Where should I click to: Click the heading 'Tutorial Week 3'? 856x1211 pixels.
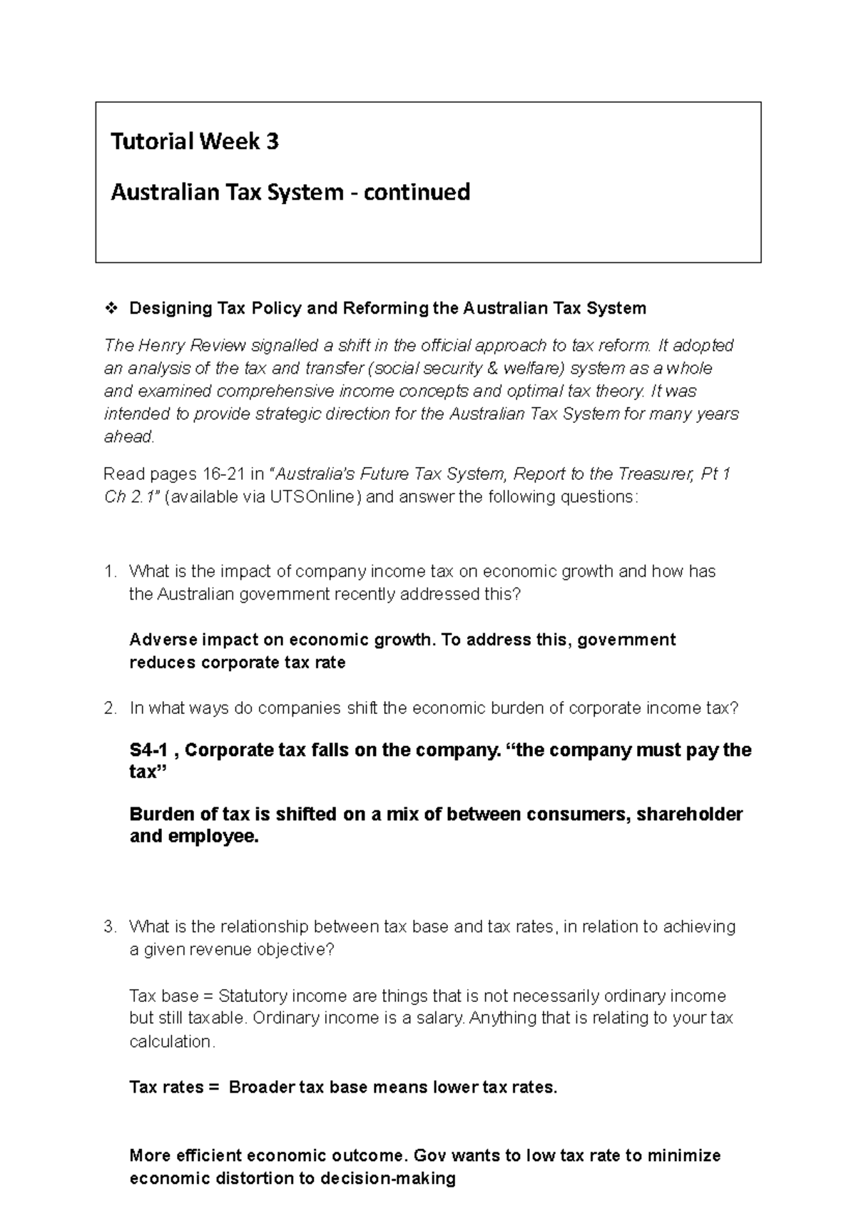[x=194, y=142]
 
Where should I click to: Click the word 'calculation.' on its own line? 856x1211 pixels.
[x=171, y=1041]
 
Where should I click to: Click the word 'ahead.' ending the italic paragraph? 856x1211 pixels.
[x=129, y=437]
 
